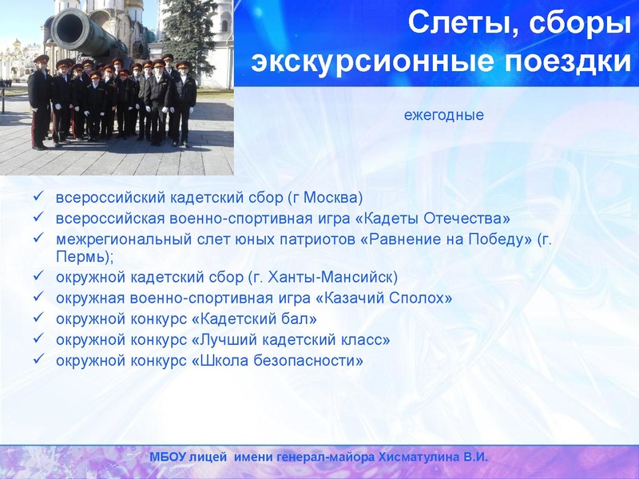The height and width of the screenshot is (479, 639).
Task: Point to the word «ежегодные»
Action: click(x=444, y=115)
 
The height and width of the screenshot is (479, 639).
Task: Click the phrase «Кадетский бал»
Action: click(x=233, y=319)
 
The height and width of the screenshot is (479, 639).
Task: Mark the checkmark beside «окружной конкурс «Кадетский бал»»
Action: click(x=37, y=319)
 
